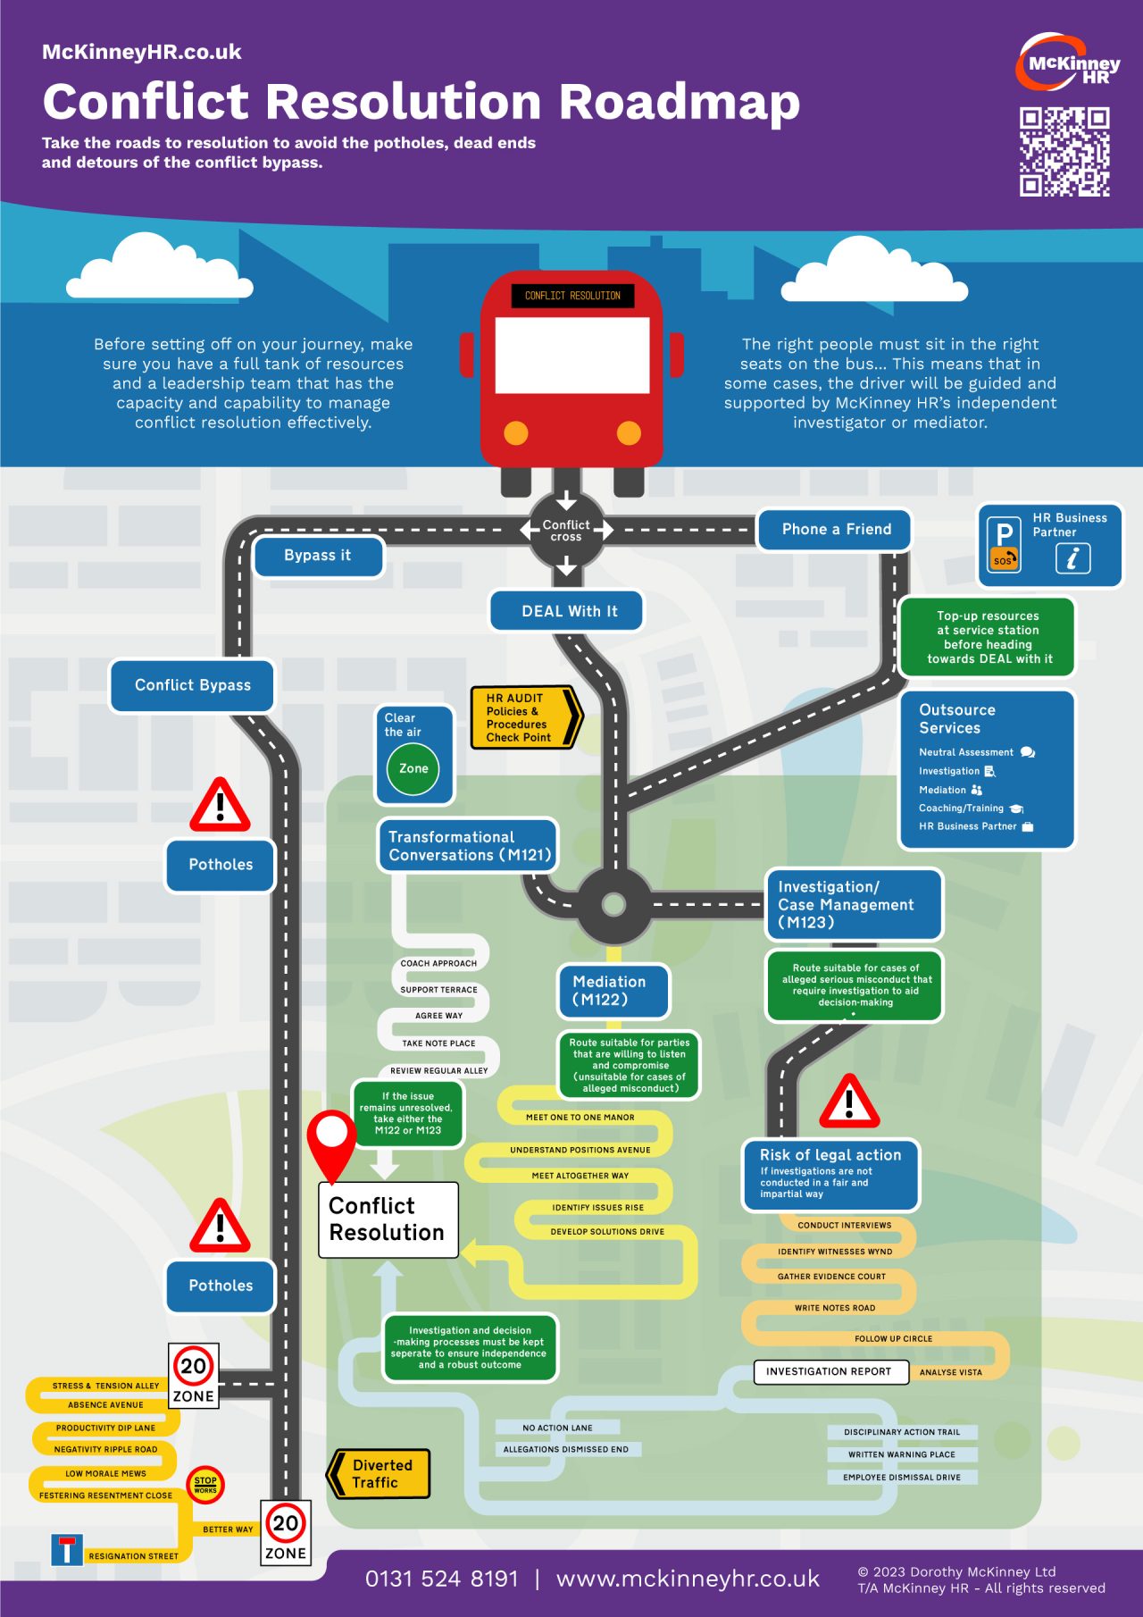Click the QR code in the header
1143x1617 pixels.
(1064, 151)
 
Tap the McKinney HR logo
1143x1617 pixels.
(1068, 63)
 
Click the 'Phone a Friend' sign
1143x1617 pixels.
(836, 530)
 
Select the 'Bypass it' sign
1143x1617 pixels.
(318, 556)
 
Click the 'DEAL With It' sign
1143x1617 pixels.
(569, 611)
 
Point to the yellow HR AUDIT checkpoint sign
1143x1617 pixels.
(524, 717)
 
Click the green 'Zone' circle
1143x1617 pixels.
(413, 768)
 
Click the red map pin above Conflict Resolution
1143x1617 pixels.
(331, 1140)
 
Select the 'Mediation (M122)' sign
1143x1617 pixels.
(612, 991)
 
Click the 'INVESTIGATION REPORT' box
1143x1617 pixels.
(829, 1371)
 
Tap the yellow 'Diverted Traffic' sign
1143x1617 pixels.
(380, 1474)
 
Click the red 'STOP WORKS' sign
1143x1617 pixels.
(205, 1484)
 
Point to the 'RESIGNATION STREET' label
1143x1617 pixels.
(133, 1556)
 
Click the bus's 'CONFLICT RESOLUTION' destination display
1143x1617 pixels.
(572, 296)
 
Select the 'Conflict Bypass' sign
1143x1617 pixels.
(192, 685)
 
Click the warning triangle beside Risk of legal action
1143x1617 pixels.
(849, 1102)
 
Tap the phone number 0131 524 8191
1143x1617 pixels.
(441, 1579)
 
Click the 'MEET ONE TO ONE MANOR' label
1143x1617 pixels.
(580, 1118)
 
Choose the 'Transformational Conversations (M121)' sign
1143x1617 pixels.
(468, 845)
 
